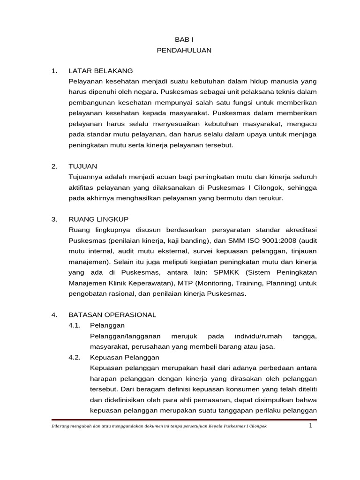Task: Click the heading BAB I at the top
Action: [184, 40]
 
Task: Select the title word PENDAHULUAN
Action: [184, 50]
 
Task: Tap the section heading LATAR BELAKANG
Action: [100, 71]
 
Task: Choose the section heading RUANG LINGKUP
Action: [98, 219]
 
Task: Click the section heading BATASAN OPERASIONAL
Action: [112, 315]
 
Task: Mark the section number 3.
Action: [54, 219]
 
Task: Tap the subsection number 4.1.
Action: [75, 325]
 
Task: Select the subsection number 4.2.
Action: [75, 357]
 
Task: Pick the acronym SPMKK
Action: [227, 272]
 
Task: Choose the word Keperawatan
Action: [155, 283]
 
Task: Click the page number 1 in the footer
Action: [310, 426]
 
